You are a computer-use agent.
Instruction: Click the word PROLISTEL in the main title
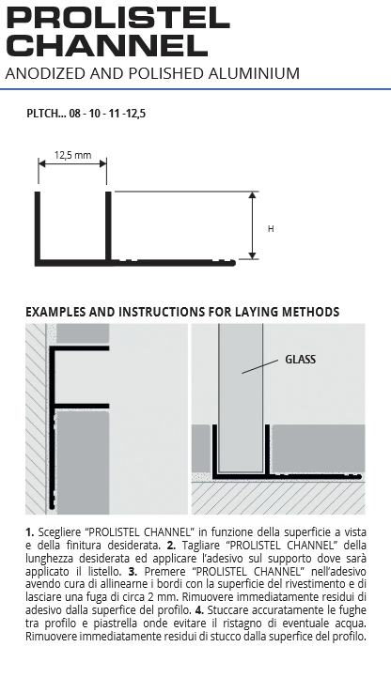click(x=117, y=19)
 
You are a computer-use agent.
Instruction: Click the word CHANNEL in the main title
click(x=107, y=45)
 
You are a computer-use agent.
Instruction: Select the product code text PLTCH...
click(x=42, y=114)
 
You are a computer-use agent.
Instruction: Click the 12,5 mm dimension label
click(x=72, y=155)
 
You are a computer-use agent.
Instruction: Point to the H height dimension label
click(x=271, y=229)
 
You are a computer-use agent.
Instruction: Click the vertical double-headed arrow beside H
click(x=252, y=225)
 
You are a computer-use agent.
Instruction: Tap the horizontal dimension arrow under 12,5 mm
click(x=72, y=163)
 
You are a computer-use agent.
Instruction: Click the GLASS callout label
click(x=301, y=360)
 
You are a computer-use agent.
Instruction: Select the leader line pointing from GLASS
click(x=259, y=367)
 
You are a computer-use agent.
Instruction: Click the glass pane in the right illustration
click(x=241, y=398)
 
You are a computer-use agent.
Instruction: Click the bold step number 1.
click(x=30, y=532)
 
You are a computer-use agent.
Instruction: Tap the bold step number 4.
click(x=199, y=610)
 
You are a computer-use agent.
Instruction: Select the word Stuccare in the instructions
click(x=227, y=610)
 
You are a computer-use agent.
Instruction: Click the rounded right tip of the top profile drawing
click(x=233, y=263)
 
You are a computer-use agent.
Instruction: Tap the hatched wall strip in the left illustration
click(x=36, y=419)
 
